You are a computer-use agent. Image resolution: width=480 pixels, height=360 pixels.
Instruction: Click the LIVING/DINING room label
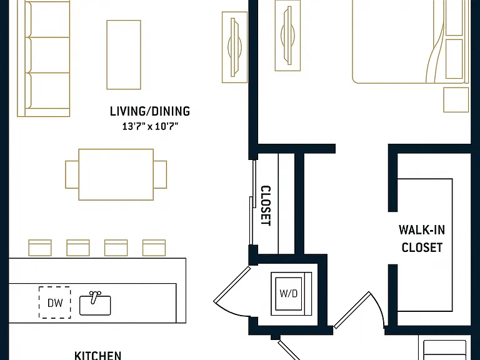point(150,111)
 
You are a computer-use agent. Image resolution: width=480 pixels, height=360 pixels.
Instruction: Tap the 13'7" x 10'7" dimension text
point(150,126)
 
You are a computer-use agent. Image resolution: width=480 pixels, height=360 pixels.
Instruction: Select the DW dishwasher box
point(55,302)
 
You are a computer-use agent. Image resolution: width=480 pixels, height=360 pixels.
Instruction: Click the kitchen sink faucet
point(94,297)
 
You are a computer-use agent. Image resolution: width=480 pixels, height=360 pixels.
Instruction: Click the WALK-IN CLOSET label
point(421,239)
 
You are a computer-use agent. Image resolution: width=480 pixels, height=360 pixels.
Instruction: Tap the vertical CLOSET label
point(266,206)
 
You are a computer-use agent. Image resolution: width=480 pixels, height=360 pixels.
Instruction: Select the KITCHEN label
point(98,356)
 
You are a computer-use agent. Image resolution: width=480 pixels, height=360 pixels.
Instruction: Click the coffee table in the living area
point(124,55)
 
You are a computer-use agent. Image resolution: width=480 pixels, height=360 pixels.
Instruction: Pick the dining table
point(116,174)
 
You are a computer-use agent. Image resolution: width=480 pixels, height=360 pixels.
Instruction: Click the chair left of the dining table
point(72,174)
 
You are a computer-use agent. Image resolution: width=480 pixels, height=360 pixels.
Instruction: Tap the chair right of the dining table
point(160,174)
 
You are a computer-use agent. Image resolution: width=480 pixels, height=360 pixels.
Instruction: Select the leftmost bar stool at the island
point(40,247)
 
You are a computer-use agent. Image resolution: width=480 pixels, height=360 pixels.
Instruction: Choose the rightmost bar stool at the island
point(154,247)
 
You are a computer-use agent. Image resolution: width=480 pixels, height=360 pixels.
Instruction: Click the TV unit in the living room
point(234,47)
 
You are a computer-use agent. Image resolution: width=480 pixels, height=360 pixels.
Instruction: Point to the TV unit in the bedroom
point(287,36)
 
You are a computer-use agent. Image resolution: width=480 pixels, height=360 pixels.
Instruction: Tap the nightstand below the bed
point(456,100)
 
